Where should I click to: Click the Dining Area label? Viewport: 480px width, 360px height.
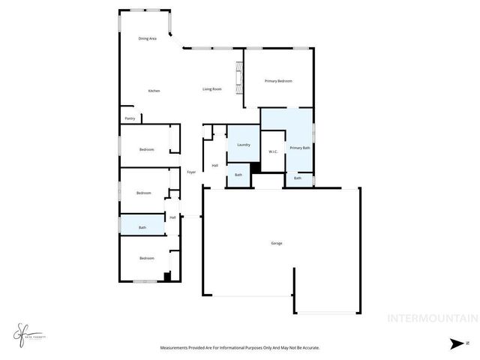(x=147, y=38)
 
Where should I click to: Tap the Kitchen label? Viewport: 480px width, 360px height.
(x=154, y=91)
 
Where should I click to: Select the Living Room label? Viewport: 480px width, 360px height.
(x=212, y=89)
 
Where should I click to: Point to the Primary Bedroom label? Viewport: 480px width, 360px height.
(x=278, y=81)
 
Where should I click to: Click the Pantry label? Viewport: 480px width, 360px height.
(x=130, y=118)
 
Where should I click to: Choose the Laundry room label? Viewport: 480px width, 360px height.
(x=243, y=144)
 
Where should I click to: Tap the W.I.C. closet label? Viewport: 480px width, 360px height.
(x=274, y=152)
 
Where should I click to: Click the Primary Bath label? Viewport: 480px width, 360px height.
(x=300, y=148)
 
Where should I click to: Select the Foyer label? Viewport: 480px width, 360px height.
(x=192, y=172)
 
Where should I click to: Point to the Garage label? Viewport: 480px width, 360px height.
(x=277, y=242)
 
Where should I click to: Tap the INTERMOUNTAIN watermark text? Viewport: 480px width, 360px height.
(x=431, y=318)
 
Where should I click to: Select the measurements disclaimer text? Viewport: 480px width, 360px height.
(x=239, y=348)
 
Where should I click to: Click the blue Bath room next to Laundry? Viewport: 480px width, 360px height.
(x=238, y=175)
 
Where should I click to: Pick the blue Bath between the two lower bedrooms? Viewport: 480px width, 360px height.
(x=142, y=226)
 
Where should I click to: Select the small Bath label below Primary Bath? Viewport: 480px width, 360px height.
(x=298, y=178)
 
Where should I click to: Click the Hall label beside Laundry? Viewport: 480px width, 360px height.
(x=214, y=166)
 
